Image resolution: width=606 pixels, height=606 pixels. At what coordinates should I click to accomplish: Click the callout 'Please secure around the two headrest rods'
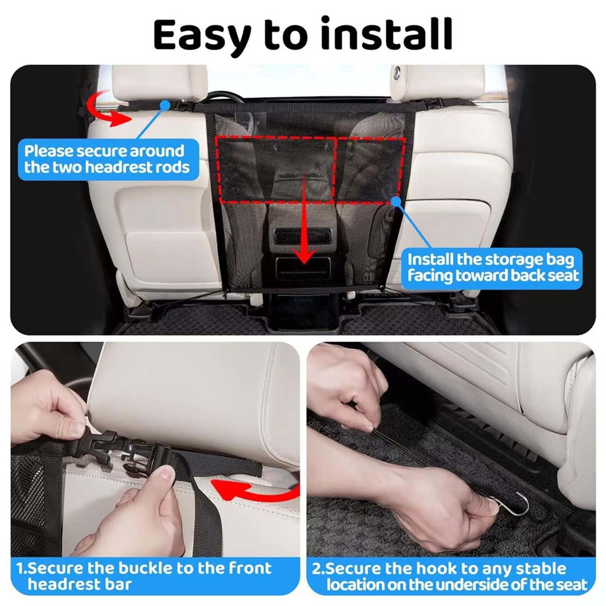109,159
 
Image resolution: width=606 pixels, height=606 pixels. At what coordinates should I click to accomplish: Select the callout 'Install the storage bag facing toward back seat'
492,268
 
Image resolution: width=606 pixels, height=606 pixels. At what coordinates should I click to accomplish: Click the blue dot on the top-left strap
165,105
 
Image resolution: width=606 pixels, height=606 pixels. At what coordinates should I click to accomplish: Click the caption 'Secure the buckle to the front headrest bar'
144,576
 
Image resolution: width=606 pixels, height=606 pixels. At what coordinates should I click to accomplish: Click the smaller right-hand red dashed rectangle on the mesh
370,169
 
